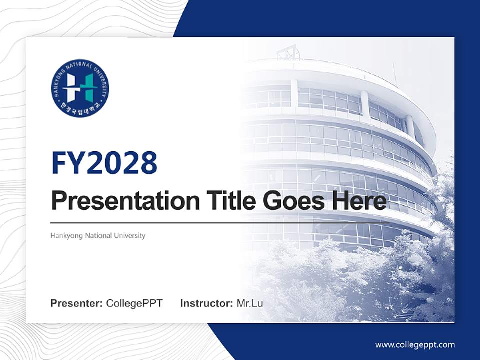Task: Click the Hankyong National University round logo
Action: [80, 88]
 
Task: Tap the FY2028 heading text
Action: [104, 162]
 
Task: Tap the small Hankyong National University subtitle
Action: [98, 235]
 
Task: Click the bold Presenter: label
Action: [77, 303]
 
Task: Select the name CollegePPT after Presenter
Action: [134, 303]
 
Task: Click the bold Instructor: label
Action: [206, 303]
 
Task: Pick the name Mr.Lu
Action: [250, 303]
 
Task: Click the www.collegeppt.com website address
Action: [415, 345]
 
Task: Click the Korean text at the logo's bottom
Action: [80, 109]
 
